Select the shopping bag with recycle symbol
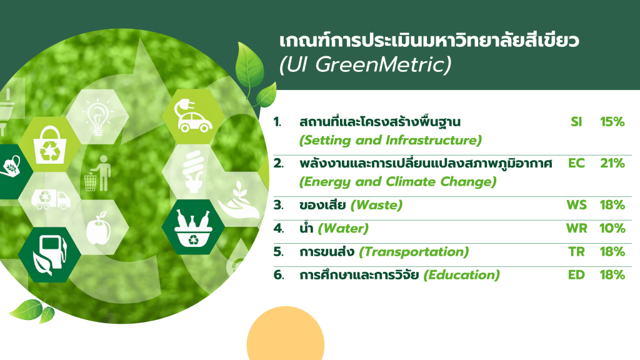pyautogui.click(x=50, y=145)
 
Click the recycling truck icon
pyautogui.click(x=51, y=199)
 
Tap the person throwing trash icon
pyautogui.click(x=98, y=173)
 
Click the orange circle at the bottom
pyautogui.click(x=285, y=335)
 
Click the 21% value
pyautogui.click(x=612, y=163)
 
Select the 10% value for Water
pyautogui.click(x=612, y=228)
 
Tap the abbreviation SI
pyautogui.click(x=576, y=122)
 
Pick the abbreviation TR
pyautogui.click(x=576, y=251)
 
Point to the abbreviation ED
pyautogui.click(x=576, y=275)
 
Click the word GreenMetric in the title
pyautogui.click(x=383, y=64)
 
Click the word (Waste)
pyautogui.click(x=376, y=205)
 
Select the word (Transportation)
pyautogui.click(x=414, y=252)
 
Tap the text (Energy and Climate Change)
pyautogui.click(x=398, y=182)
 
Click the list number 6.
pyautogui.click(x=278, y=275)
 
